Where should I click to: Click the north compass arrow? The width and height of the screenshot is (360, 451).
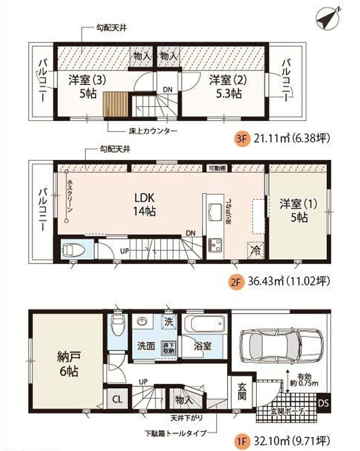[328, 18]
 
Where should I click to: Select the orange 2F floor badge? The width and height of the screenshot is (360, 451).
[235, 281]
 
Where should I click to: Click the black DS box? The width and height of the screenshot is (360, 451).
[323, 402]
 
